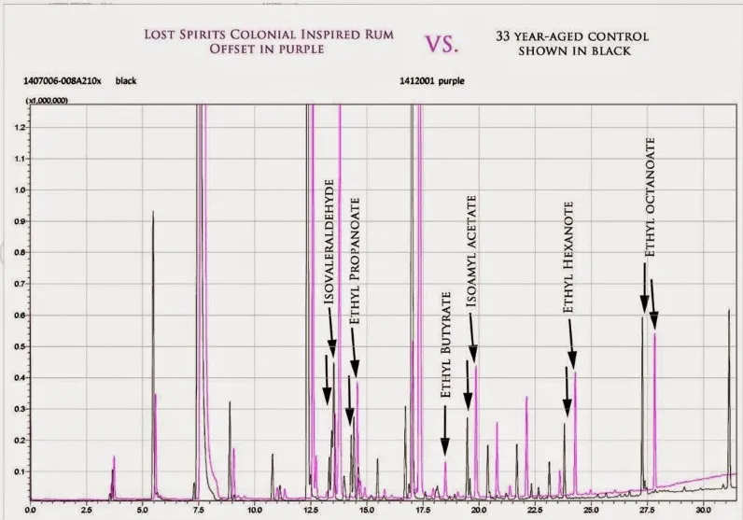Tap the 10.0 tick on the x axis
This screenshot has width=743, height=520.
pyautogui.click(x=254, y=512)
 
